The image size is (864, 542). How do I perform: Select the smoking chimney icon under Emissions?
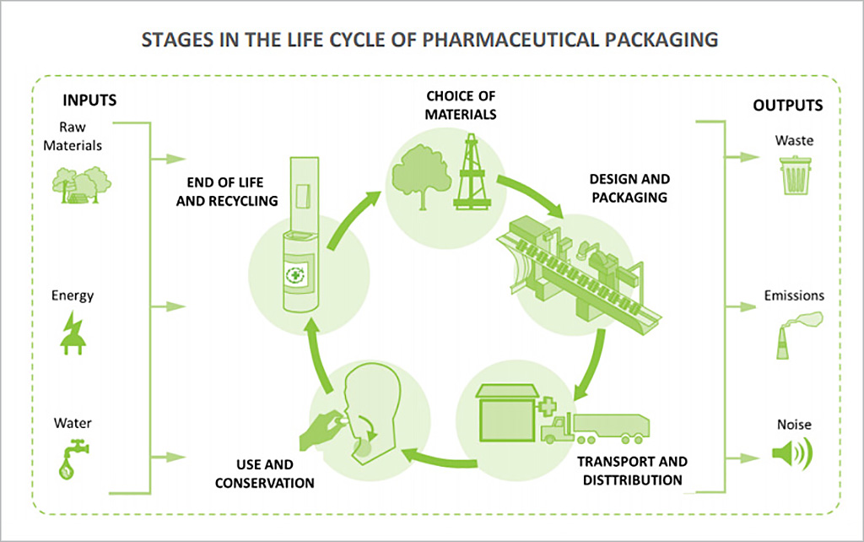[x=792, y=334]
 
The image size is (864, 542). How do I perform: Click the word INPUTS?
[x=89, y=100]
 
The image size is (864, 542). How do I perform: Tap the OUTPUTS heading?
[x=787, y=106]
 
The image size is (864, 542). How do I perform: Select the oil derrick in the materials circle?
[x=471, y=172]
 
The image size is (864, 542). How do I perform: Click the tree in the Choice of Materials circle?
[x=419, y=171]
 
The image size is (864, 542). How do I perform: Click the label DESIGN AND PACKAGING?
[x=629, y=188]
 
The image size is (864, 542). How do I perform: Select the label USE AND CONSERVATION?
[x=264, y=474]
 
